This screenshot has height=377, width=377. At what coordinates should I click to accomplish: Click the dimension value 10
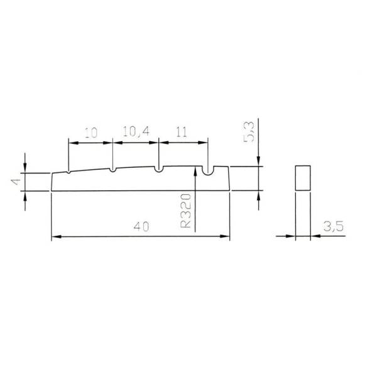(91, 133)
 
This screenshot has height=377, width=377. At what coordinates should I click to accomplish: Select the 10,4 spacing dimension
(136, 131)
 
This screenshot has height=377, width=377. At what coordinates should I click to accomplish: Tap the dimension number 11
(182, 132)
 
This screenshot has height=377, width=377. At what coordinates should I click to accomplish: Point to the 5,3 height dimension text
(249, 132)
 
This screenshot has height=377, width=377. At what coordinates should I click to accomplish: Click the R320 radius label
(185, 211)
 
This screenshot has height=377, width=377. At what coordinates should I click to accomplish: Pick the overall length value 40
(141, 226)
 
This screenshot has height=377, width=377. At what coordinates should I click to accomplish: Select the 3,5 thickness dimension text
(334, 226)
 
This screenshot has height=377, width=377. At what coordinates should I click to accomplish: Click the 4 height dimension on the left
(16, 182)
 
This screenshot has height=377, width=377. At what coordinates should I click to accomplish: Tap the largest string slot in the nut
(207, 171)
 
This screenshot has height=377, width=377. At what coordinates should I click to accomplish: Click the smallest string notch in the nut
(68, 172)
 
